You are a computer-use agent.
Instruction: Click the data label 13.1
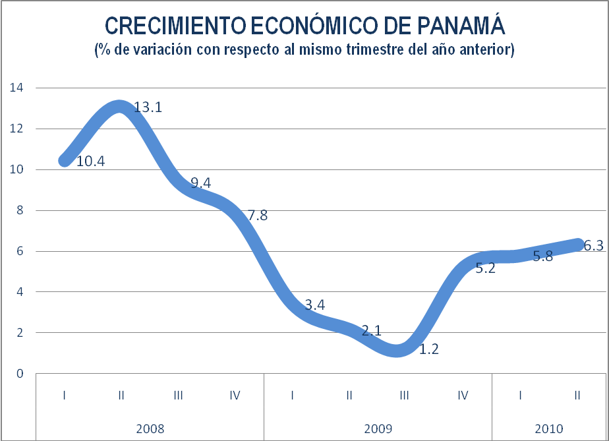click(x=148, y=107)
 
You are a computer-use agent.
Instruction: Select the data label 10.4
click(x=91, y=161)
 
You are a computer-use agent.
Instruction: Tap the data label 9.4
click(x=200, y=183)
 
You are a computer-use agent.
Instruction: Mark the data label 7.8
click(x=258, y=215)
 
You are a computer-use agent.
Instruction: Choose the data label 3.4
click(x=314, y=305)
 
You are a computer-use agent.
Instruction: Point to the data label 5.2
click(x=485, y=268)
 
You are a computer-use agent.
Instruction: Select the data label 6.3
click(x=594, y=245)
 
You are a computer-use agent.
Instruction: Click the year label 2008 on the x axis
click(x=150, y=428)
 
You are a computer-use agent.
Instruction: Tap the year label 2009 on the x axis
click(x=378, y=428)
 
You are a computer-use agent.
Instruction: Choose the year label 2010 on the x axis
click(x=549, y=428)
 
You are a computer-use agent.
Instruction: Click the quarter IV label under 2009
click(x=463, y=396)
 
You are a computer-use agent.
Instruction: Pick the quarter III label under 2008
click(x=178, y=396)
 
